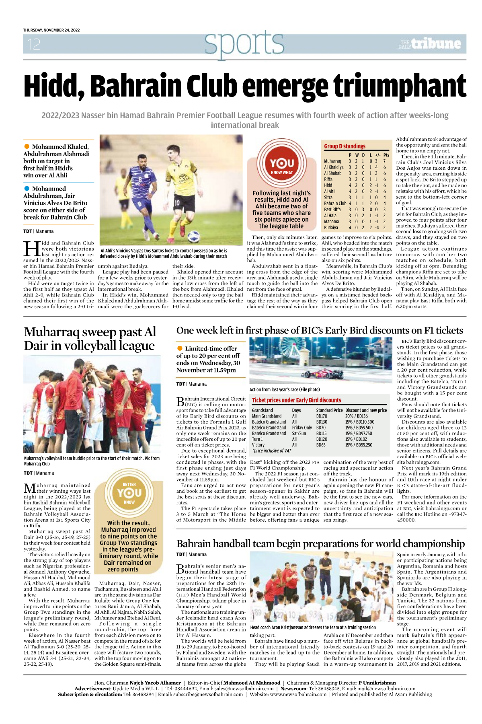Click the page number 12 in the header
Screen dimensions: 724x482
coord(34,44)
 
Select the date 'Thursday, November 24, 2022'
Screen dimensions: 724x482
coord(51,30)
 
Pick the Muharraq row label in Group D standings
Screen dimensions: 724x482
coord(332,161)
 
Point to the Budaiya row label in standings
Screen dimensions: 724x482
coord(331,228)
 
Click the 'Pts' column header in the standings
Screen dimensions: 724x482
coord(386,155)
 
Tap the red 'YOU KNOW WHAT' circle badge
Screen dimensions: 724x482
coord(282,165)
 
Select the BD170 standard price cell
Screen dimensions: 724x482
coord(322,416)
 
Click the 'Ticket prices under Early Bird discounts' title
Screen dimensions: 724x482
coord(296,400)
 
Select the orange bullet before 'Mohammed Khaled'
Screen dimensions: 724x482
coord(27,146)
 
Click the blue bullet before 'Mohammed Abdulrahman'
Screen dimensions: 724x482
coord(27,188)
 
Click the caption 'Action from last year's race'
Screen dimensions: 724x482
coord(285,389)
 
